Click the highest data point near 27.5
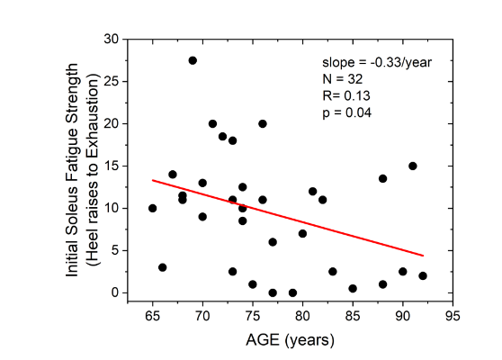193,60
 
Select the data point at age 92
423,275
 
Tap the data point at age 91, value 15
413,166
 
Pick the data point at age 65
153,208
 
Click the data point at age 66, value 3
163,267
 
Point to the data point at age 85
353,289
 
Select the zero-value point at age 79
292,292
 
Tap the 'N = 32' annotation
343,79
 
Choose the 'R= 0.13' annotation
345,95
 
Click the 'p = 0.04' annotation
347,112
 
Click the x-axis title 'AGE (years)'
291,340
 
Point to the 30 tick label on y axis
111,40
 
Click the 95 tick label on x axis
453,317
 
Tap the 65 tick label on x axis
153,317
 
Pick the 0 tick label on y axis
114,292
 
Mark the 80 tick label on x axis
302,317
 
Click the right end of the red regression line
423,256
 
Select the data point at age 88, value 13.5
382,178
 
